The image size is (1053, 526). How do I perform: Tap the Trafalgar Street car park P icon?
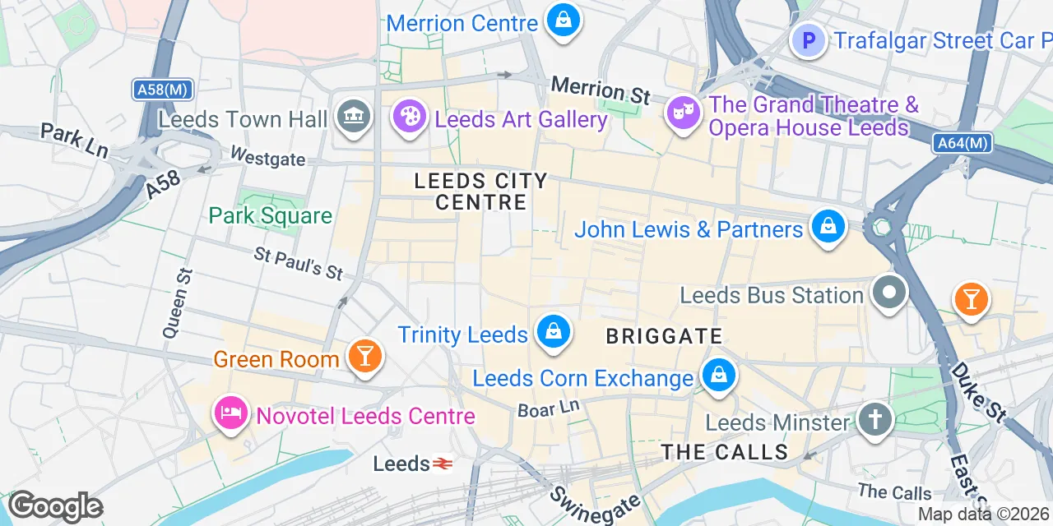coord(808,39)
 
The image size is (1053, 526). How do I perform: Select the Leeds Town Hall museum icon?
coord(354,118)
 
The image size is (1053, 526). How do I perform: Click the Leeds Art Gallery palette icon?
coord(409,118)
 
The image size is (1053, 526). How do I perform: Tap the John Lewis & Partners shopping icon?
coord(828,227)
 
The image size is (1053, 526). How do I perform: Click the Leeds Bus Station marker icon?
coord(889,293)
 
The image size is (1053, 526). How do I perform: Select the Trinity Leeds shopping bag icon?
coord(554,333)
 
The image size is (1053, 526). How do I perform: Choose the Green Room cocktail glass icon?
coord(363,357)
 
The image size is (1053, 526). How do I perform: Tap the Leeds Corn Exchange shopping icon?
coord(719,376)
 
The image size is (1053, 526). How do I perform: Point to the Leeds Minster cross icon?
coord(874,420)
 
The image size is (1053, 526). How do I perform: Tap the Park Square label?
coord(270,216)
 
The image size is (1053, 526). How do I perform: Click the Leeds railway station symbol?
coord(443,464)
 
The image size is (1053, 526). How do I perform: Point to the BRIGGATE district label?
coord(664,336)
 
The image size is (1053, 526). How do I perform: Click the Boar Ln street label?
coord(549,408)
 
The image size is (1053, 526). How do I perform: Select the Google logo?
coord(54,507)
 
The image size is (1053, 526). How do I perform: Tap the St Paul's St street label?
coord(299,264)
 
